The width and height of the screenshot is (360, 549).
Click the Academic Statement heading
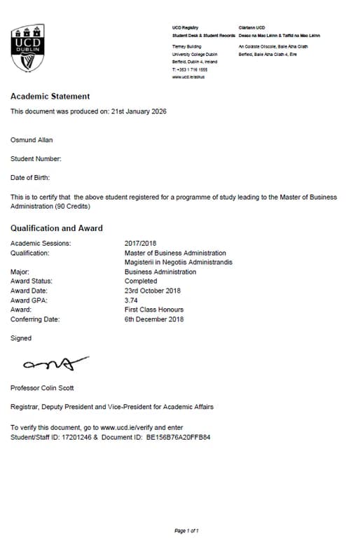(50, 97)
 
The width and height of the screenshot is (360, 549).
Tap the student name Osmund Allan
(33, 139)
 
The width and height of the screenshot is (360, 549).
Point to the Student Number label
(36, 159)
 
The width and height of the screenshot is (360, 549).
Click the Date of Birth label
(31, 178)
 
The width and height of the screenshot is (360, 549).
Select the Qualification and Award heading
(57, 228)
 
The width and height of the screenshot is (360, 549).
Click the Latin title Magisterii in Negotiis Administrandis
(178, 262)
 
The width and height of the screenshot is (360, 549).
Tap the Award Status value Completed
(141, 281)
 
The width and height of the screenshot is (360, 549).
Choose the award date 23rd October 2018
(153, 291)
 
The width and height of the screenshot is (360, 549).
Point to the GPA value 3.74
(132, 300)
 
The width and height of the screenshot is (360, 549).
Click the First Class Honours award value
(154, 310)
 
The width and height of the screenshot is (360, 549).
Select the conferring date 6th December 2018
(154, 319)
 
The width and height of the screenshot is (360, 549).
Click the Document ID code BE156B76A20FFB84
(178, 436)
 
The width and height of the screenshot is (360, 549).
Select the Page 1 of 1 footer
(187, 531)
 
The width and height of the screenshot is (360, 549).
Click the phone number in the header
(191, 69)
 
